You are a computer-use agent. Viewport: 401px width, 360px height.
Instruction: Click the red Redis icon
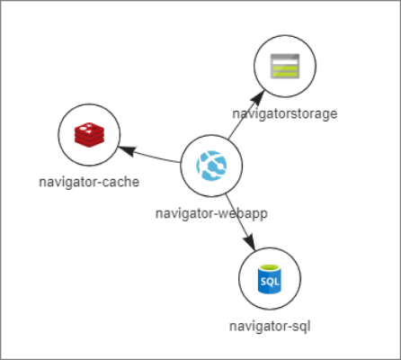[x=88, y=135]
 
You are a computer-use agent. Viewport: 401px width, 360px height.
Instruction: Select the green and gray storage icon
[x=283, y=67]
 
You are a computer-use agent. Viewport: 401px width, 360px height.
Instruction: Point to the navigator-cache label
[x=88, y=183]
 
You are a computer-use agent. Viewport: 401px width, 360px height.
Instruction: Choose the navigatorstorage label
[x=284, y=114]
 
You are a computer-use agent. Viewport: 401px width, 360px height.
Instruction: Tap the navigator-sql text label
[x=270, y=325]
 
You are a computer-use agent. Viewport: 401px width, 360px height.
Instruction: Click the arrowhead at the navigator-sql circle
[x=252, y=243]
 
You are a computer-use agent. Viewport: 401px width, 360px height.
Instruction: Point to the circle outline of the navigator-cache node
[x=58, y=135]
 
